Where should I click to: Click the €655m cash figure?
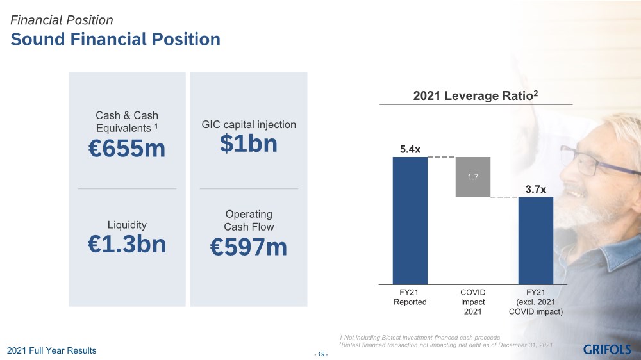pyautogui.click(x=126, y=149)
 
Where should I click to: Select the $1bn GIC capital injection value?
pyautogui.click(x=249, y=144)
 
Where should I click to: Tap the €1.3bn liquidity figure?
pyautogui.click(x=126, y=244)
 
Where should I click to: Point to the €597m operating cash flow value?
pyautogui.click(x=249, y=247)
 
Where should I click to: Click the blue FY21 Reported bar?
pyautogui.click(x=410, y=219)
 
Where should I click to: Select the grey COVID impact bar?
pyautogui.click(x=473, y=176)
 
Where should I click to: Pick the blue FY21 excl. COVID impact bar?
pyautogui.click(x=536, y=240)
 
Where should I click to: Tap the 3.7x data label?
pyautogui.click(x=536, y=190)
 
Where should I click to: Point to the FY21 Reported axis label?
pyautogui.click(x=410, y=297)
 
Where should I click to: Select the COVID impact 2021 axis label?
pyautogui.click(x=473, y=302)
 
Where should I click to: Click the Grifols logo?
pyautogui.click(x=606, y=349)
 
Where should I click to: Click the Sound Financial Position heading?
pyautogui.click(x=115, y=40)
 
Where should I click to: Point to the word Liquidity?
pyautogui.click(x=126, y=225)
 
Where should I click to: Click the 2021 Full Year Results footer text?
pyautogui.click(x=51, y=350)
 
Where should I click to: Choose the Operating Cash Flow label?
pyautogui.click(x=249, y=220)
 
